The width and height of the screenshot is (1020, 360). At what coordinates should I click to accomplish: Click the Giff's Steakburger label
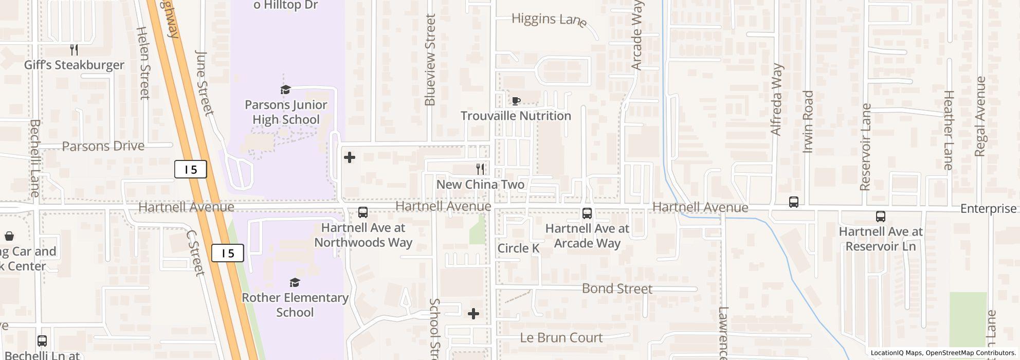74,65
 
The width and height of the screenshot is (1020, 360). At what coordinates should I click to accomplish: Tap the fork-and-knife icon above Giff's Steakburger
74,50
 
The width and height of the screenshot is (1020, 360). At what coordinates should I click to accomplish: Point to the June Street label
204,83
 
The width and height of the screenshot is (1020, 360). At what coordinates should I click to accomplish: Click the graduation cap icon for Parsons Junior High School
285,90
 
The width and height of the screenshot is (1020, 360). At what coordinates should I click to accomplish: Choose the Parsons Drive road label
103,146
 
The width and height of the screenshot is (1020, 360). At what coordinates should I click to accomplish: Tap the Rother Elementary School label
295,304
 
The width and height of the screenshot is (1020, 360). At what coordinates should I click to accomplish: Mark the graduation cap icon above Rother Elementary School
295,282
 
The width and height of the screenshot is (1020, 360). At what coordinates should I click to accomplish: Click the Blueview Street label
430,60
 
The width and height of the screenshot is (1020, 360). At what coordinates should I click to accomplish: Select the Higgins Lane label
549,20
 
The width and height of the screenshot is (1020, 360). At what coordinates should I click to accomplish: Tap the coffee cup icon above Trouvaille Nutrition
516,101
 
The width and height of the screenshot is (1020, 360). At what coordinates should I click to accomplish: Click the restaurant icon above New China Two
480,169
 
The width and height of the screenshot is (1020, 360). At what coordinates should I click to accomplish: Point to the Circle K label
518,248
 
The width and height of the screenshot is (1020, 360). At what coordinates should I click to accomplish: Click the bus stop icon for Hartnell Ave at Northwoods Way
363,212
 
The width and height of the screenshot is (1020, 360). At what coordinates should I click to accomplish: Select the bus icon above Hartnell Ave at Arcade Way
587,213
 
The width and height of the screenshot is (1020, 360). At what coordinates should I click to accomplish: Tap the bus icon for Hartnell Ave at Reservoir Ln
881,217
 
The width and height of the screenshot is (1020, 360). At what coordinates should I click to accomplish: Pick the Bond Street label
617,289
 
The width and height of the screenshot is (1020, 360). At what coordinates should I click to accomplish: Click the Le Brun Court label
561,337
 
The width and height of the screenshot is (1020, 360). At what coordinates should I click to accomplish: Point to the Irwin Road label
808,121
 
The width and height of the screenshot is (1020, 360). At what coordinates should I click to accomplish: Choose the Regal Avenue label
980,116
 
